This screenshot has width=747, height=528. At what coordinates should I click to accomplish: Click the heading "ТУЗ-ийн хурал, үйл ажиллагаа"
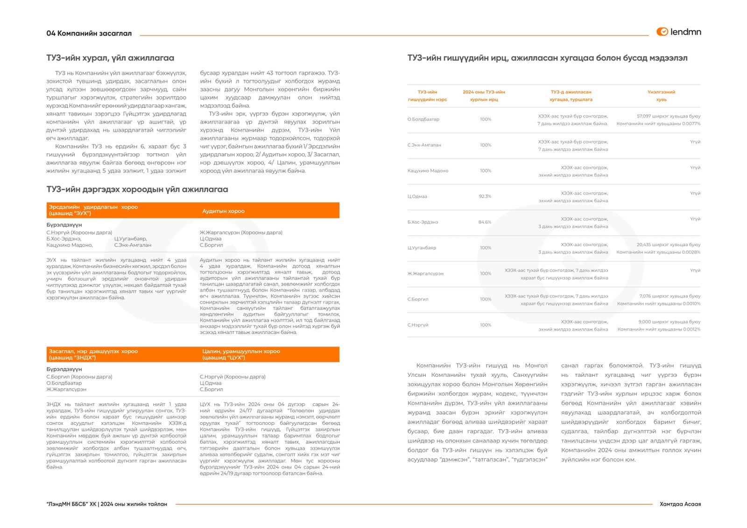click(x=110, y=58)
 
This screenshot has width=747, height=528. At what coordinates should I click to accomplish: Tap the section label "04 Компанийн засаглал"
click(x=89, y=33)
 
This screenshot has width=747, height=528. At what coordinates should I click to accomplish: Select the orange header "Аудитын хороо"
click(x=223, y=211)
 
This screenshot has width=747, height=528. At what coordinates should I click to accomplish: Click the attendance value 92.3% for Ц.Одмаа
click(x=485, y=196)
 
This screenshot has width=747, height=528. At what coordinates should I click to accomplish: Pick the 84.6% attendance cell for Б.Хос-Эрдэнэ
click(x=485, y=222)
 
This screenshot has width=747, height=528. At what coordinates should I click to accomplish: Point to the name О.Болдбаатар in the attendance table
click(x=423, y=119)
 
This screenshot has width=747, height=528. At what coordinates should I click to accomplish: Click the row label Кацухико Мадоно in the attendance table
click(x=428, y=171)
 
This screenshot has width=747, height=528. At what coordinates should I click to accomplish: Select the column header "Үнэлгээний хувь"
click(x=661, y=96)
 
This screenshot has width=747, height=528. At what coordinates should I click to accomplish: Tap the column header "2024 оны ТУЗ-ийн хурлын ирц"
click(x=484, y=96)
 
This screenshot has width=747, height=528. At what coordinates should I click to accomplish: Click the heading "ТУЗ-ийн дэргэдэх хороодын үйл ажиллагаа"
click(x=137, y=189)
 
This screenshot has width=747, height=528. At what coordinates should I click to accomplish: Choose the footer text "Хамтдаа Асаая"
click(x=680, y=504)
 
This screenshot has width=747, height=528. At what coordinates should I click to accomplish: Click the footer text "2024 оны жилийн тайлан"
click(x=134, y=504)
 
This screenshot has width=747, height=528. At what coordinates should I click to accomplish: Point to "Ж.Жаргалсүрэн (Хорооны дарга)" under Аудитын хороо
click(x=241, y=232)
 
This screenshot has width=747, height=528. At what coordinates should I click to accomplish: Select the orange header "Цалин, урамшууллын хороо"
click(x=241, y=354)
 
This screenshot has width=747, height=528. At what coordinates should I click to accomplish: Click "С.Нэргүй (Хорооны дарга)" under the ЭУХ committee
click(x=79, y=232)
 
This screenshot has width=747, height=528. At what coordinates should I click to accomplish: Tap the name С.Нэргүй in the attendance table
click(x=418, y=325)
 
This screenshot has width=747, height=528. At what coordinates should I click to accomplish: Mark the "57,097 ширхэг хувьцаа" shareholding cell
click(x=668, y=116)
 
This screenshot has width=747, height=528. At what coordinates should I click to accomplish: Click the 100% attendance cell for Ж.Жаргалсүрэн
click(x=486, y=274)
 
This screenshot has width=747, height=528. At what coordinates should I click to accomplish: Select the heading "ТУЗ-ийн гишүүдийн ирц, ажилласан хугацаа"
click(x=547, y=58)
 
